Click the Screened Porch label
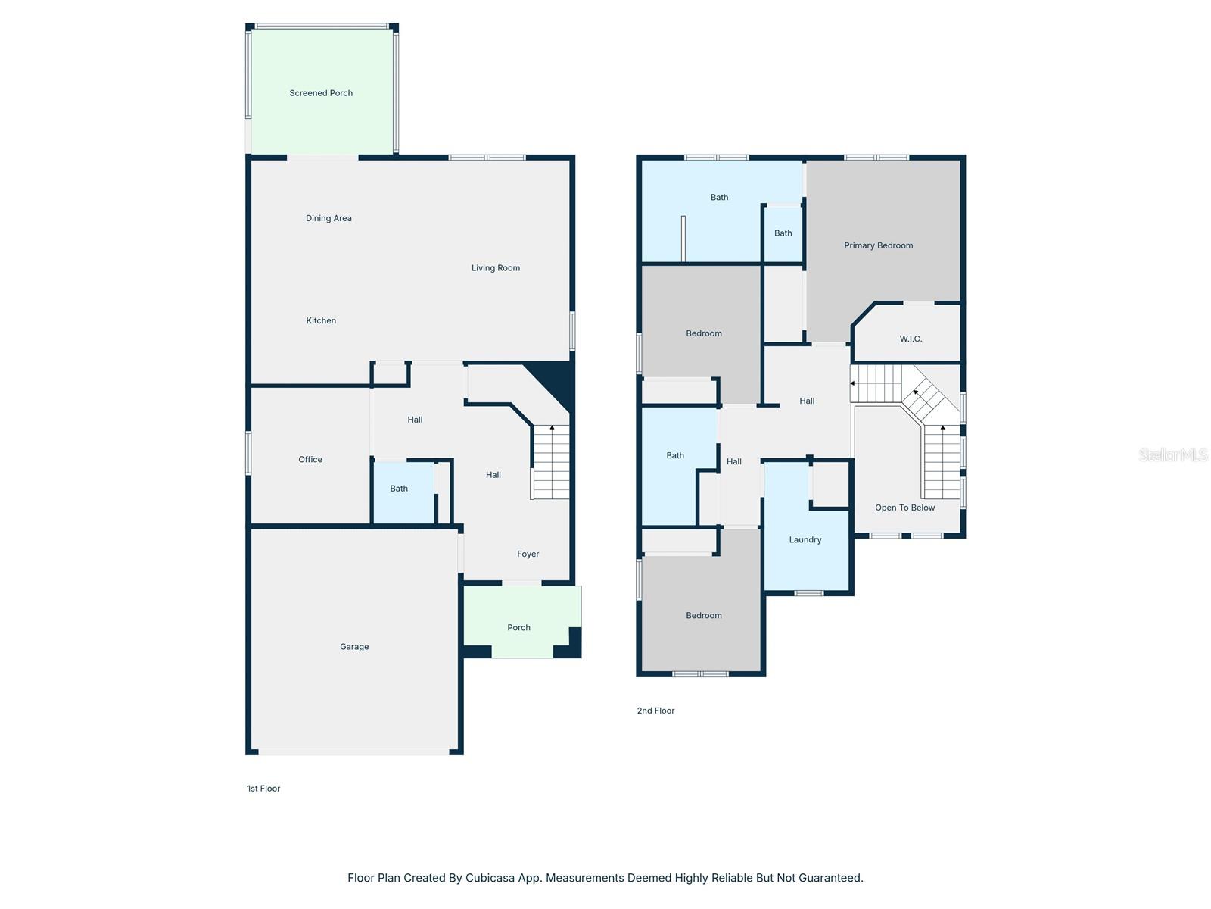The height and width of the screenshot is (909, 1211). point(321,93)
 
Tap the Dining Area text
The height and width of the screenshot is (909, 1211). point(328,218)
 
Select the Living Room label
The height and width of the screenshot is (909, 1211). point(496,268)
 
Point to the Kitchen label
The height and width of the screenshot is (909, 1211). point(321,320)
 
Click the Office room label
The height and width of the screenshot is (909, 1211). point(310,460)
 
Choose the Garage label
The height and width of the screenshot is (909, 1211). point(354,647)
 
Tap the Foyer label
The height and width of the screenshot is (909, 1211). point(528,554)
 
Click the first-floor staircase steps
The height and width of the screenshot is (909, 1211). point(552,462)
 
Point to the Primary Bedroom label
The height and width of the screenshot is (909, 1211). point(879,245)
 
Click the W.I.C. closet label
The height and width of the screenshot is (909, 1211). point(911,339)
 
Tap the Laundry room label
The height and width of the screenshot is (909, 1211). point(805,540)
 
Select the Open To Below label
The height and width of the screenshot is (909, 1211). point(905,508)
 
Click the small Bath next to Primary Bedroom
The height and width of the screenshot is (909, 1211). point(783,233)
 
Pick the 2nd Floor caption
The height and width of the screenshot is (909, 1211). point(655,711)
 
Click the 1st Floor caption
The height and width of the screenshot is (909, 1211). point(263,789)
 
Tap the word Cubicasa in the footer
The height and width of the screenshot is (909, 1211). point(488,878)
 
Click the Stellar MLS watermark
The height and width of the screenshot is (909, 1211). point(1173,454)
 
